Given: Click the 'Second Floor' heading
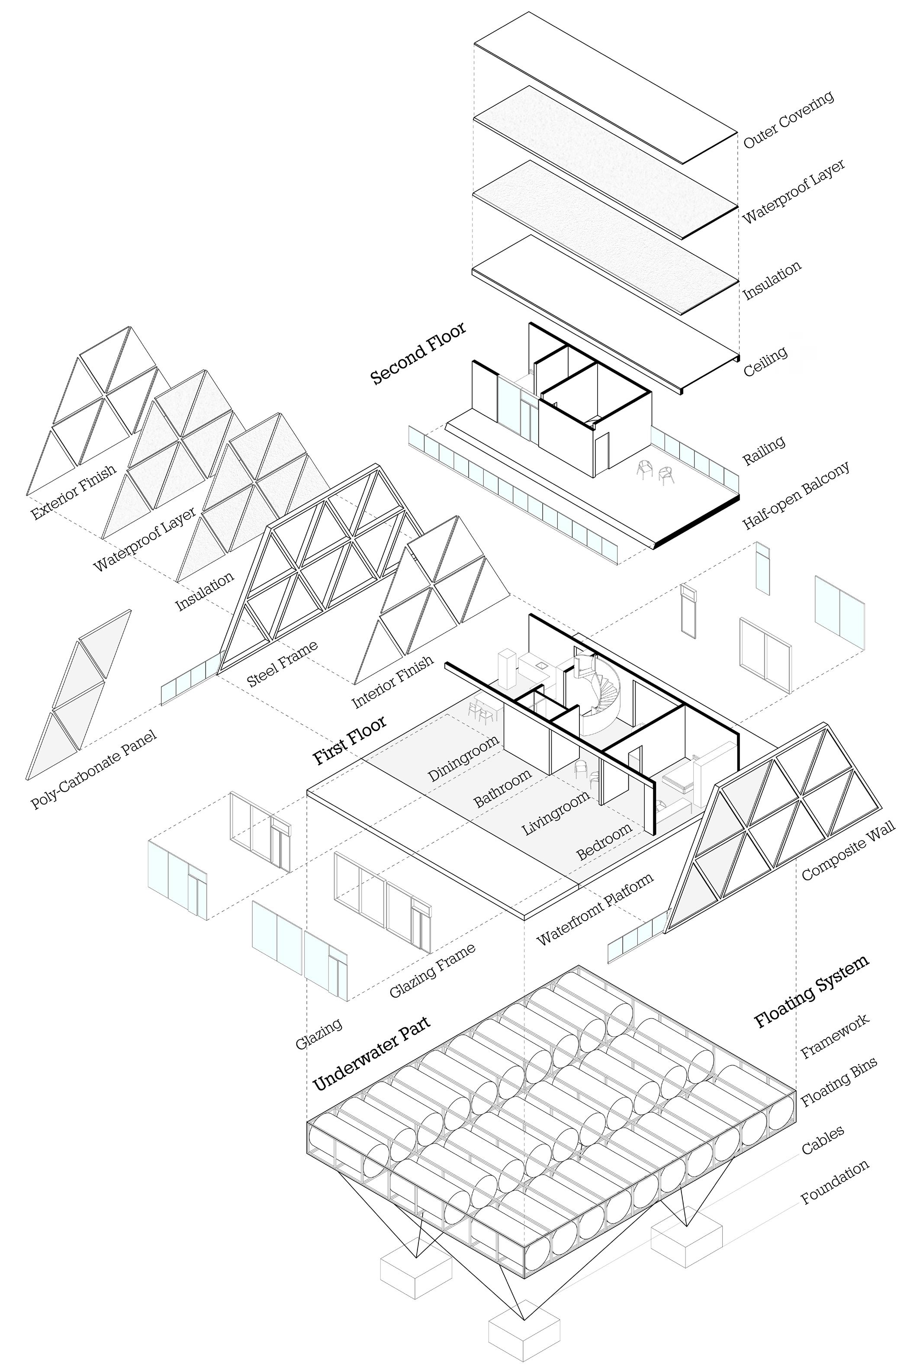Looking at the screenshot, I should coord(418,354).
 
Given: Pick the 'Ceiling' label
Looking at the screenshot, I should coord(765,361).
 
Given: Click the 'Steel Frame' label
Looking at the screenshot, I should coord(283,664).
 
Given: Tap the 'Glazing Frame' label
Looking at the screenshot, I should coord(432,970).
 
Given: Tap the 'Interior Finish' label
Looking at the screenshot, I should coord(393,682).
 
